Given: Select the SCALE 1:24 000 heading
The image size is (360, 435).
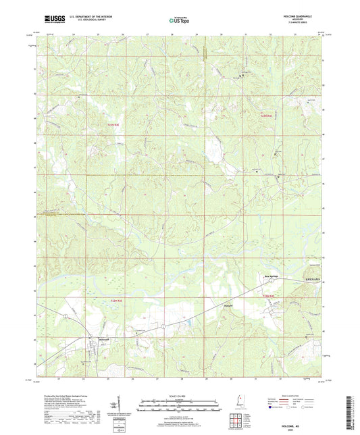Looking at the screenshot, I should click(179, 396).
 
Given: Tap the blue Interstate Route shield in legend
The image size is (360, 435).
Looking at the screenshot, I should click(272, 407).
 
